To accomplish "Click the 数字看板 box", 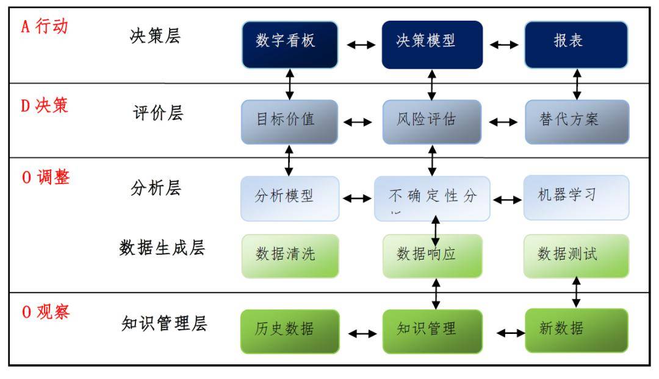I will click(x=290, y=44).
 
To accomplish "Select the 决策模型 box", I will click(x=432, y=44).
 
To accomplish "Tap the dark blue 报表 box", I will click(x=576, y=44).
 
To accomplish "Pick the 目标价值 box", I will click(x=290, y=122).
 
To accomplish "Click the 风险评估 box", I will click(x=432, y=122).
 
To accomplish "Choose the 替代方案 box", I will click(x=577, y=122).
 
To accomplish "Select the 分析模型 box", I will click(x=290, y=198).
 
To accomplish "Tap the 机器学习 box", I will click(x=576, y=197).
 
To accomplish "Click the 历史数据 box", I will click(x=290, y=331).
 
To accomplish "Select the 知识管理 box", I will click(x=432, y=331).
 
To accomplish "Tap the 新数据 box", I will click(x=576, y=330).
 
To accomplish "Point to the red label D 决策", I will click(x=45, y=105).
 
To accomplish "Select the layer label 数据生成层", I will click(x=162, y=249).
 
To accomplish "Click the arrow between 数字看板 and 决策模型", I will click(x=361, y=44).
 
